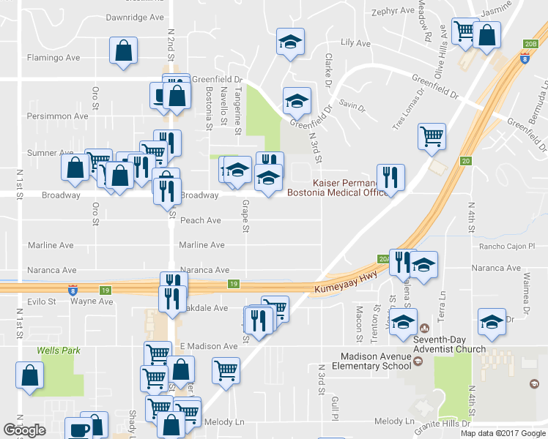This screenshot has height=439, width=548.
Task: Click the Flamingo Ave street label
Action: tap(53, 56)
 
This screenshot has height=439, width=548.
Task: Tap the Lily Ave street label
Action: tap(357, 43)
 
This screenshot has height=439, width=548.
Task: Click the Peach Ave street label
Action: tap(200, 220)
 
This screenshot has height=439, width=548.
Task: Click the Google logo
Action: tap(24, 430)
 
